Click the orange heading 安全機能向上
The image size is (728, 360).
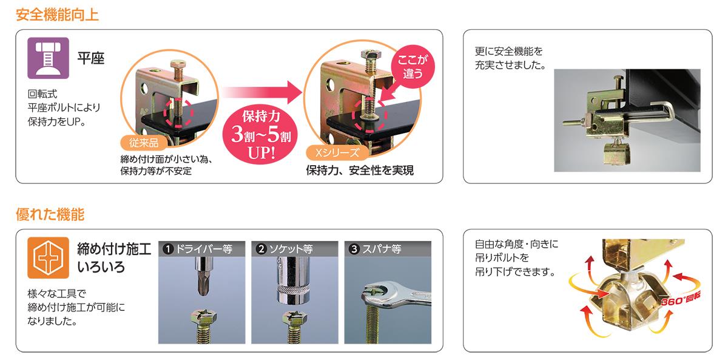pyautogui.click(x=57, y=15)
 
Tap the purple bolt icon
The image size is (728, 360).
pyautogui.click(x=48, y=58)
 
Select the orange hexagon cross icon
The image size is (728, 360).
pyautogui.click(x=48, y=257)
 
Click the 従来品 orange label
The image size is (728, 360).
pyautogui.click(x=144, y=143)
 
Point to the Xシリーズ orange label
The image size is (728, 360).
pyautogui.click(x=337, y=152)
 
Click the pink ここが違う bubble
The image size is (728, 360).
pyautogui.click(x=413, y=67)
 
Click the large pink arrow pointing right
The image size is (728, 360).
pyautogui.click(x=262, y=92)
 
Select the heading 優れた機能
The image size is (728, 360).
pyautogui.click(x=50, y=215)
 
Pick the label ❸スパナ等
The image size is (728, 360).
pyautogui.click(x=375, y=249)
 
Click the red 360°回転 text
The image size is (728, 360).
pyautogui.click(x=681, y=299)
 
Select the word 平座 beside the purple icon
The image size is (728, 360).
pyautogui.click(x=90, y=58)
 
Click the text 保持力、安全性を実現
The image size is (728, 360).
pyautogui.click(x=360, y=171)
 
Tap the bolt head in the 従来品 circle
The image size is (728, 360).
pyautogui.click(x=178, y=64)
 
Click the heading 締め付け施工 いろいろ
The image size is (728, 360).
pyautogui.click(x=114, y=258)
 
